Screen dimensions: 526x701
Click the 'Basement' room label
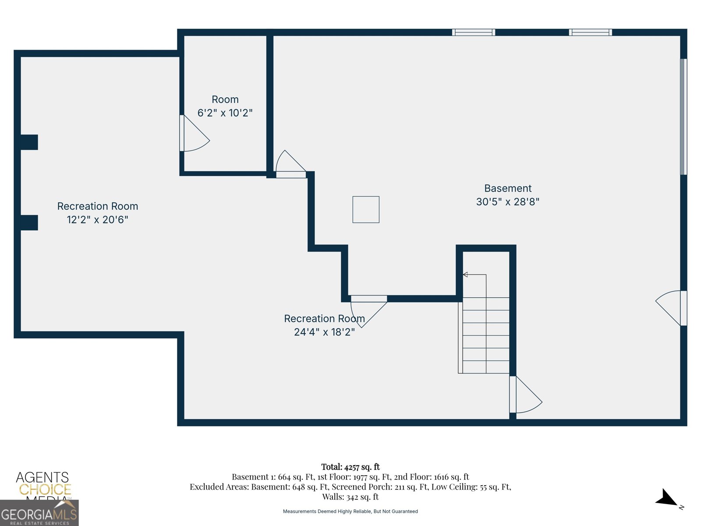pos(507,188)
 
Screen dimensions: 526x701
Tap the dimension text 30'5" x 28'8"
pos(507,202)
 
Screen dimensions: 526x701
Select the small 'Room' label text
pos(225,100)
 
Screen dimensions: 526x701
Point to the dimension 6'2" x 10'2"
pos(225,113)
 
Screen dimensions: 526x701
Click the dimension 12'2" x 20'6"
pos(97,220)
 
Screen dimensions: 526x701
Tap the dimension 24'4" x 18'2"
pos(324,332)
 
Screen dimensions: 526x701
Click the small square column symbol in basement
pos(366,210)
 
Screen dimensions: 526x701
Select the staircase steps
pos(485,335)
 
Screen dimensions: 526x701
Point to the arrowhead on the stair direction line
pos(465,275)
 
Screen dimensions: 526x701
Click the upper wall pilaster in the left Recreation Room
pos(29,142)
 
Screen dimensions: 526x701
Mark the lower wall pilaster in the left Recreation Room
pos(29,223)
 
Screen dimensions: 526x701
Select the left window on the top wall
pos(474,32)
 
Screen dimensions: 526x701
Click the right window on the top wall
pos(590,32)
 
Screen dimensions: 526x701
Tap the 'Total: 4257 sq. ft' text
pos(350,467)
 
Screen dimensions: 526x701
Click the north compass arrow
pos(667,499)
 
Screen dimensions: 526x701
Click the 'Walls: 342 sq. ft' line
pos(350,497)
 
